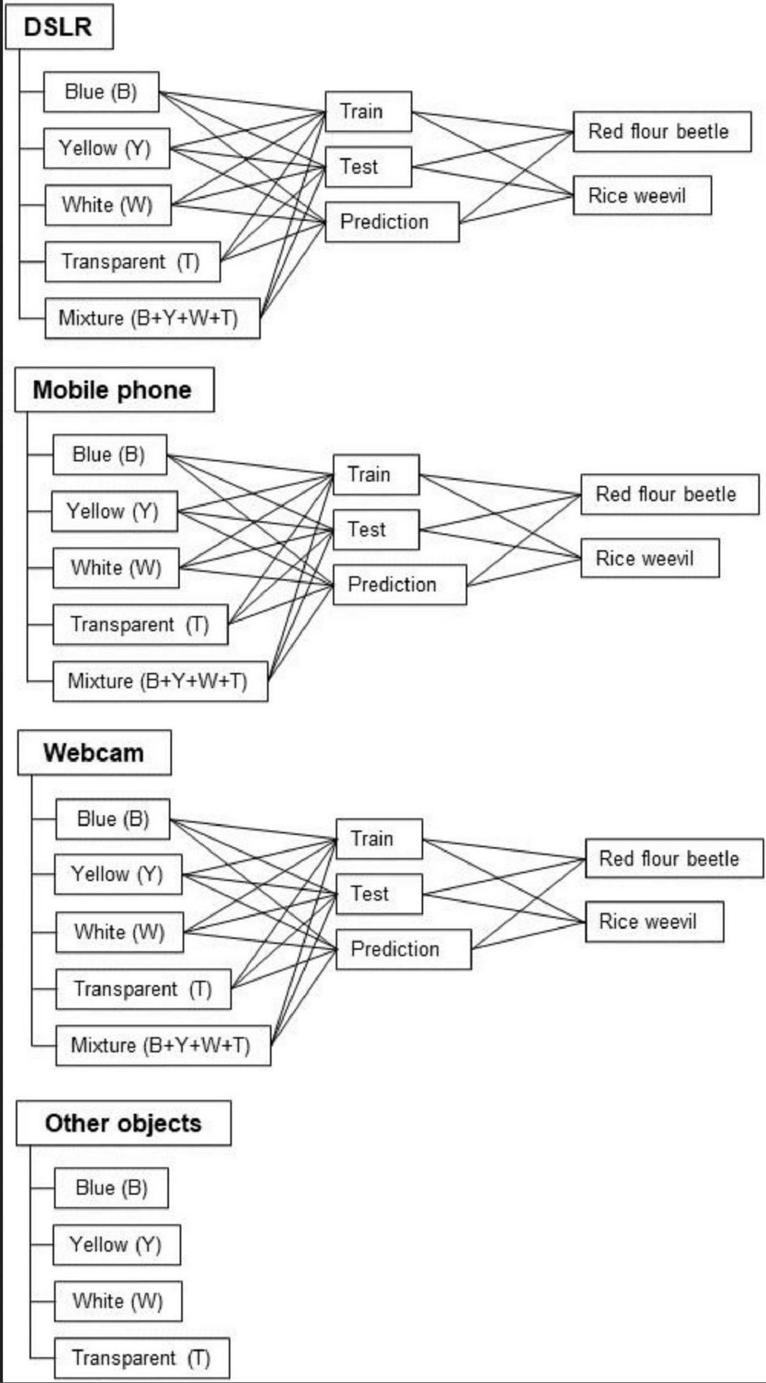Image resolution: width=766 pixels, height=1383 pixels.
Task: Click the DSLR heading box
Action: tap(59, 27)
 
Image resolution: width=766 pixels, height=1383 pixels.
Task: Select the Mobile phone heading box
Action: tap(114, 389)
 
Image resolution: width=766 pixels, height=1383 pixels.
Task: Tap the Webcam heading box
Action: tap(94, 752)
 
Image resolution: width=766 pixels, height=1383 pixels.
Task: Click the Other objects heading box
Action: tap(123, 1123)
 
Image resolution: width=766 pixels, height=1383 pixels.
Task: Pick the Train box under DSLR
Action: tap(368, 111)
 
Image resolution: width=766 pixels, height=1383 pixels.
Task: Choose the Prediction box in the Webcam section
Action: tap(403, 949)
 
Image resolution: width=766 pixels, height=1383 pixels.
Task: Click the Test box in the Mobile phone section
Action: tap(376, 529)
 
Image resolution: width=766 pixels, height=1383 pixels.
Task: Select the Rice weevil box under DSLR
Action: tap(642, 196)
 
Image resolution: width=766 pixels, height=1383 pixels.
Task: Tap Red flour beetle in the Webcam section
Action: tap(674, 858)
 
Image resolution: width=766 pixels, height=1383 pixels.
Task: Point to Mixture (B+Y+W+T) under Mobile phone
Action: tap(160, 681)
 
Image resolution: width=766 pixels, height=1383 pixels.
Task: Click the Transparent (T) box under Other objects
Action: tap(141, 1357)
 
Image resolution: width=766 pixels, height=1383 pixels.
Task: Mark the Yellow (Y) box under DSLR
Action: tap(106, 148)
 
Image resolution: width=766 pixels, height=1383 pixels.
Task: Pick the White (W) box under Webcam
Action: tap(119, 932)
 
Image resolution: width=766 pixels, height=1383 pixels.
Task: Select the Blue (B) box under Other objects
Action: tap(111, 1187)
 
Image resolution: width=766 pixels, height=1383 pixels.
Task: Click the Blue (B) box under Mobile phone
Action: tap(110, 454)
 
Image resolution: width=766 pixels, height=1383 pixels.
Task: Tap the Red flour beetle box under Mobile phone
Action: tap(670, 494)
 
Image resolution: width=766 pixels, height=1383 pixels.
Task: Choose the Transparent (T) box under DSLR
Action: tap(132, 262)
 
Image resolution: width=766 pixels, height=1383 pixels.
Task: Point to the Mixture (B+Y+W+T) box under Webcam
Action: tap(163, 1045)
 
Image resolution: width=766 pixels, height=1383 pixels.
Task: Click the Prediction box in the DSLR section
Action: tap(392, 222)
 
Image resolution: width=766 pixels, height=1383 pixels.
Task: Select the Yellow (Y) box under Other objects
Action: tap(116, 1244)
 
